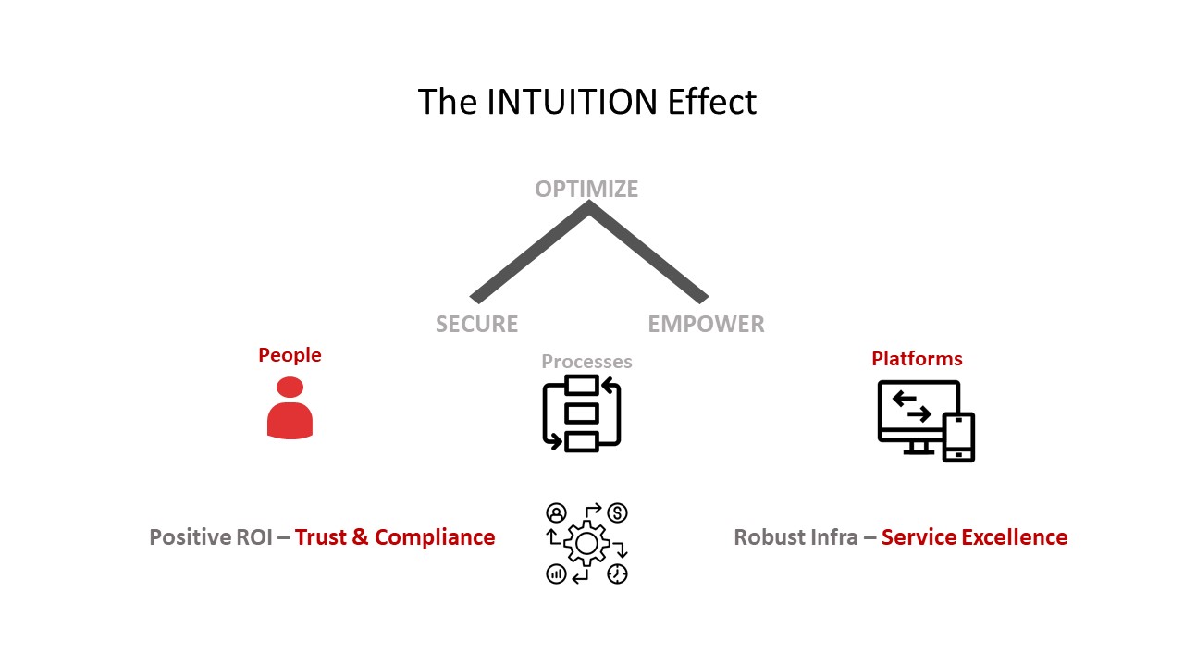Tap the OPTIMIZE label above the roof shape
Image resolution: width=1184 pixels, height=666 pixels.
586,189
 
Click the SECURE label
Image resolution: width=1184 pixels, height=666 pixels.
476,324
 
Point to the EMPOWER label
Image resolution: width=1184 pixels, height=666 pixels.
706,324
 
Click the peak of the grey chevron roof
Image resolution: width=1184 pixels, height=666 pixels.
588,207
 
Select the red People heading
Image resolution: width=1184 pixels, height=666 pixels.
290,355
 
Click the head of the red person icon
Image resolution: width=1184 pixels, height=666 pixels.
290,388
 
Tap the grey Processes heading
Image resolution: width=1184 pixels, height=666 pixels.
586,361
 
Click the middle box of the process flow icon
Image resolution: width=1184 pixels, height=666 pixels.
582,413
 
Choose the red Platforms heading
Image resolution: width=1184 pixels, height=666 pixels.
917,359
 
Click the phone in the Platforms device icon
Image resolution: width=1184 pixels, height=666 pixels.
958,437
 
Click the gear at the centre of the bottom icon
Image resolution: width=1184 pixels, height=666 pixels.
586,544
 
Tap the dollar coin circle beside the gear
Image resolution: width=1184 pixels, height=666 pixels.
618,512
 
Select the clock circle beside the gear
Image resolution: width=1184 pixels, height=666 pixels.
618,573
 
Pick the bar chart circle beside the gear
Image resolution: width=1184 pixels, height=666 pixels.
556,573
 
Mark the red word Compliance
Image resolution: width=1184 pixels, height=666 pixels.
435,537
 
